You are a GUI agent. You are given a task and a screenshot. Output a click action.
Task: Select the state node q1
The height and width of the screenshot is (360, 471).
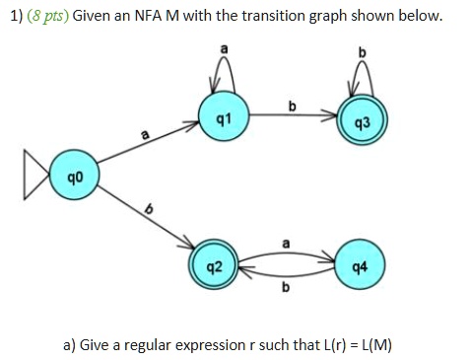click(223, 116)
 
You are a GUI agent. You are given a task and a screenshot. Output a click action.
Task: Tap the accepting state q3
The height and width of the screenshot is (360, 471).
click(361, 118)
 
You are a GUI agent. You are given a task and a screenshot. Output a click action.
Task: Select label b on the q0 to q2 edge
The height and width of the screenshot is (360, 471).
click(151, 210)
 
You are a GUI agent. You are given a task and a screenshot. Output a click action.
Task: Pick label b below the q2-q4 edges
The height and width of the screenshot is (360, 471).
click(287, 288)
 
